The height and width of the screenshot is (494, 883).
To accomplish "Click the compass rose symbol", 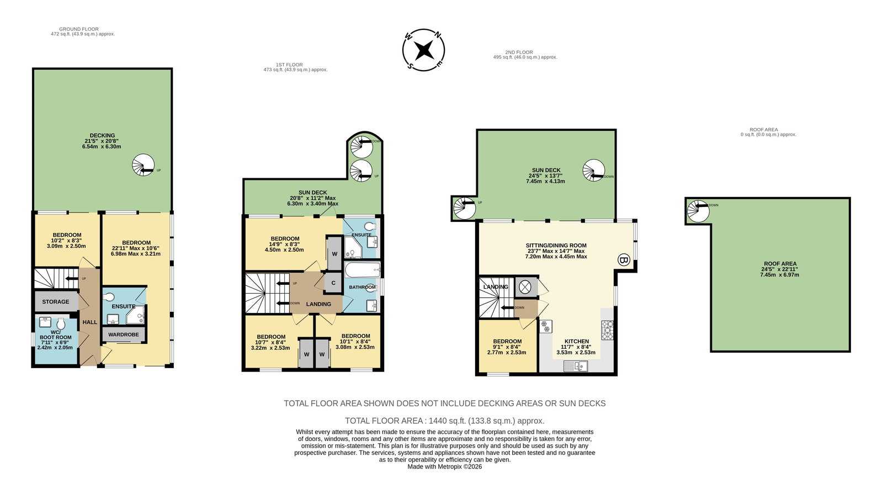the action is pyautogui.click(x=423, y=50).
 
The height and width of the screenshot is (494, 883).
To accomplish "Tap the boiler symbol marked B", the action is pyautogui.click(x=624, y=260).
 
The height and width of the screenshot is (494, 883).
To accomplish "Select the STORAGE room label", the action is pyautogui.click(x=56, y=301).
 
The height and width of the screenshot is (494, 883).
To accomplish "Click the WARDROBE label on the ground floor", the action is pyautogui.click(x=124, y=334).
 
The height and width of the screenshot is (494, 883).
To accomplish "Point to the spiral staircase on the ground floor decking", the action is pyautogui.click(x=143, y=165).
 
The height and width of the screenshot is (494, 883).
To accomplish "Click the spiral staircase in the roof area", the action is pyautogui.click(x=698, y=211).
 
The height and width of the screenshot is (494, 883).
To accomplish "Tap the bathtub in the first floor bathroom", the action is pyautogui.click(x=362, y=270).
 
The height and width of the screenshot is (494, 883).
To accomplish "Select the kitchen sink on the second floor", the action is pyautogui.click(x=576, y=366).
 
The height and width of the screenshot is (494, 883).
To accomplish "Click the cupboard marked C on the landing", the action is pyautogui.click(x=333, y=283).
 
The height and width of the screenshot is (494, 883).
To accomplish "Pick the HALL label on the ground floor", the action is pyautogui.click(x=90, y=322).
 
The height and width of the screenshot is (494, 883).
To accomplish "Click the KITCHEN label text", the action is pyautogui.click(x=577, y=342).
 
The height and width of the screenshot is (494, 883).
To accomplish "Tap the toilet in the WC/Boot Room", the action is pyautogui.click(x=61, y=324).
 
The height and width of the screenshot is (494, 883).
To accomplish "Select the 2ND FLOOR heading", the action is pyautogui.click(x=519, y=52).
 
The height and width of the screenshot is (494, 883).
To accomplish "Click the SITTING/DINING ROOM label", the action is pyautogui.click(x=556, y=245).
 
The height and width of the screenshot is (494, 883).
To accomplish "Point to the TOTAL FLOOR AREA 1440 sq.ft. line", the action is pyautogui.click(x=445, y=421).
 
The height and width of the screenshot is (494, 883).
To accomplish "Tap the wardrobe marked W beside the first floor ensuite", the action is pyautogui.click(x=334, y=254).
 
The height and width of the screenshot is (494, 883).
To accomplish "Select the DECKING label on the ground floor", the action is pyautogui.click(x=102, y=135).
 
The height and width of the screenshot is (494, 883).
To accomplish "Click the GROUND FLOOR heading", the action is pyautogui.click(x=79, y=29).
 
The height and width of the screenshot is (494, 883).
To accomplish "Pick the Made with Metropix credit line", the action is pyautogui.click(x=445, y=467).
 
